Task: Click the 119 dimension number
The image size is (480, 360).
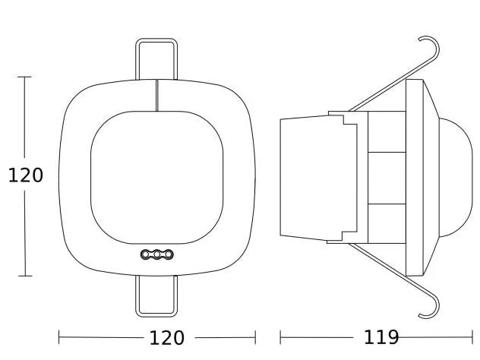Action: [381, 337]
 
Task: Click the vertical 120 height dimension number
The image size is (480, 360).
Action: [25, 175]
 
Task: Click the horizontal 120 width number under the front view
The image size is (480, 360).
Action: [166, 338]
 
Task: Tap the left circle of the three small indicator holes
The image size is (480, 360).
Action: [146, 254]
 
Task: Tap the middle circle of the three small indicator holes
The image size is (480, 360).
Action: [157, 254]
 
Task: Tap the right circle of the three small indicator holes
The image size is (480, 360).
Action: [169, 254]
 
